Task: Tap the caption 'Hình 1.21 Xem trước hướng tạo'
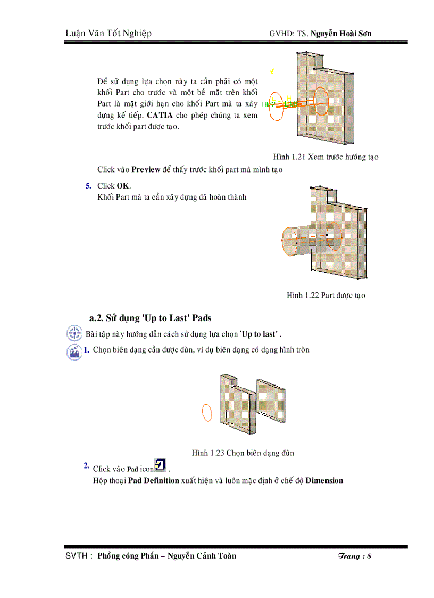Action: point(325,157)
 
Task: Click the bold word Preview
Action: point(146,170)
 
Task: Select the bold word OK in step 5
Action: point(123,186)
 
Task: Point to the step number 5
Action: point(88,186)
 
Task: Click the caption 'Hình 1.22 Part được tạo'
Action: point(325,295)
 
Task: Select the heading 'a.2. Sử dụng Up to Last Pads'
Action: point(151,318)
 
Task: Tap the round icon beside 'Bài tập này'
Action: point(73,334)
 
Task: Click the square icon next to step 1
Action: point(73,352)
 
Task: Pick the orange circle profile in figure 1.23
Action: point(207,413)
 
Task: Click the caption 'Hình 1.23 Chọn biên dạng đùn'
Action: point(243,453)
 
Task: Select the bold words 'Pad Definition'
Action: point(154,480)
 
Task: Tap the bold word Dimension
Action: point(324,480)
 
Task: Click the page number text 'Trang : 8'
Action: point(354,556)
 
